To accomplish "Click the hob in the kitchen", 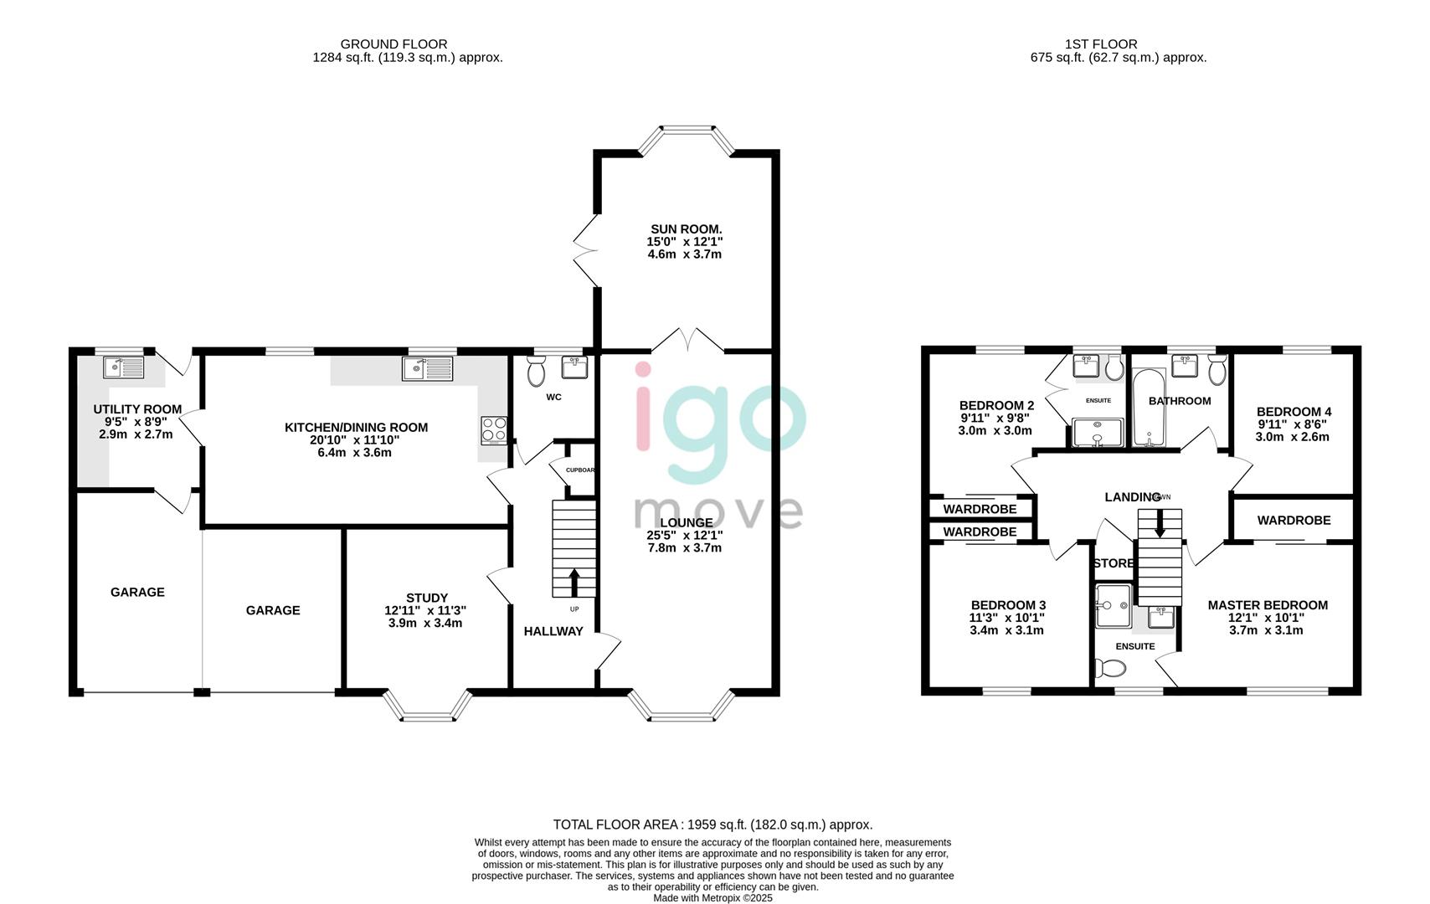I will (493, 429).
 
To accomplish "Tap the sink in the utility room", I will (124, 366).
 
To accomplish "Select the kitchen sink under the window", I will (427, 367).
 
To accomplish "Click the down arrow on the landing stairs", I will (1160, 523).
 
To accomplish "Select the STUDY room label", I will (426, 598).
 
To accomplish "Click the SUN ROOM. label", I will (686, 229).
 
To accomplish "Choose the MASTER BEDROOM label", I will (1267, 604).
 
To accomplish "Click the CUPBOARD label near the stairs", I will (579, 470).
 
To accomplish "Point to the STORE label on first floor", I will (1114, 563).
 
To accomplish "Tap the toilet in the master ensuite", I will (1112, 667).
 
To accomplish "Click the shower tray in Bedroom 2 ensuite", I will (1098, 432).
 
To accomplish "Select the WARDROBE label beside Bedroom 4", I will (1293, 520).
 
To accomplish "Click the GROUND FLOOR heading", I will (394, 44).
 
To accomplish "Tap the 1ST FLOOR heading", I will (1100, 44).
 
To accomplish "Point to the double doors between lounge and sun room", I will (687, 340).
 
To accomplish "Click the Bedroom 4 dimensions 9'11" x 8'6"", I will (1293, 424).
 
